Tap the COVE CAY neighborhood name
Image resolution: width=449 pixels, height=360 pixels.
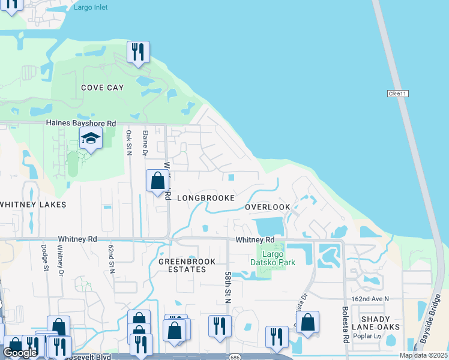coord(103,88)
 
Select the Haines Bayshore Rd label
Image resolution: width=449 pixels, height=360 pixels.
coord(81,123)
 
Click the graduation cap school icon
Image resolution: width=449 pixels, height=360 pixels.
coord(91,139)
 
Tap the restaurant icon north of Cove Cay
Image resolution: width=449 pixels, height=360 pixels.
coord(139,52)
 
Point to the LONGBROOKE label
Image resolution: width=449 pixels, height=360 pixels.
coord(205,197)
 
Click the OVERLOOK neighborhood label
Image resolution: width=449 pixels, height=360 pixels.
coord(268,207)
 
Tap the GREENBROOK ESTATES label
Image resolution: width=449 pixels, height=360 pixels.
coord(182,265)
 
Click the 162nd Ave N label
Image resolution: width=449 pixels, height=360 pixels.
coord(370,298)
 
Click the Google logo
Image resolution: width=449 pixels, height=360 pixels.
coord(20,353)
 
